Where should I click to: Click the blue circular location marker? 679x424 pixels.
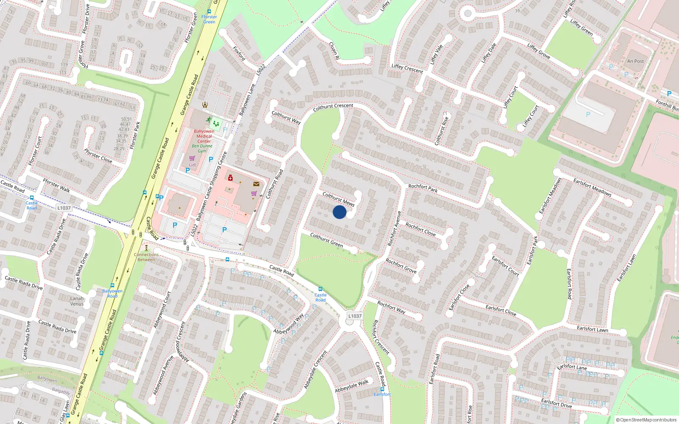(x=339, y=212)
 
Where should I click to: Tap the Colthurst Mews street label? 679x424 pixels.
(x=338, y=199)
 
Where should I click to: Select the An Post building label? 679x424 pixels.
(x=635, y=61)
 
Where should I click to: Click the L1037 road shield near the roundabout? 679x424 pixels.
(x=355, y=316)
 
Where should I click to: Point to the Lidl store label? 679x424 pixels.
(x=192, y=165)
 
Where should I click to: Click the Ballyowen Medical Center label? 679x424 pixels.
(x=204, y=136)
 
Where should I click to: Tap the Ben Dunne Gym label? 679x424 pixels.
(x=202, y=148)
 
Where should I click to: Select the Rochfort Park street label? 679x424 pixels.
(x=423, y=188)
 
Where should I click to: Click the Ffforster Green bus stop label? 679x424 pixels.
(x=209, y=20)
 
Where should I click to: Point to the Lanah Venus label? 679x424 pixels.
(x=77, y=301)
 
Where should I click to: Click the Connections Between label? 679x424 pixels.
(x=146, y=257)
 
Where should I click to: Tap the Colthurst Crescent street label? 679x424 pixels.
(x=333, y=108)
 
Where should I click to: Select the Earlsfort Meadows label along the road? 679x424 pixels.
(x=592, y=187)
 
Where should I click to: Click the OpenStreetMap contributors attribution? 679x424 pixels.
(x=646, y=420)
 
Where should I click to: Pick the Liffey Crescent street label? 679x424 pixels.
(x=407, y=69)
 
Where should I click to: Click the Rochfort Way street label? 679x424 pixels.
(x=391, y=307)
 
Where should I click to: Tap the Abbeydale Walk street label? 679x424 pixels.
(x=352, y=386)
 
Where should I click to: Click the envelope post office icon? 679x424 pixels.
(x=256, y=184)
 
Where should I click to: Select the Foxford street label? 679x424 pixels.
(x=239, y=53)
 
